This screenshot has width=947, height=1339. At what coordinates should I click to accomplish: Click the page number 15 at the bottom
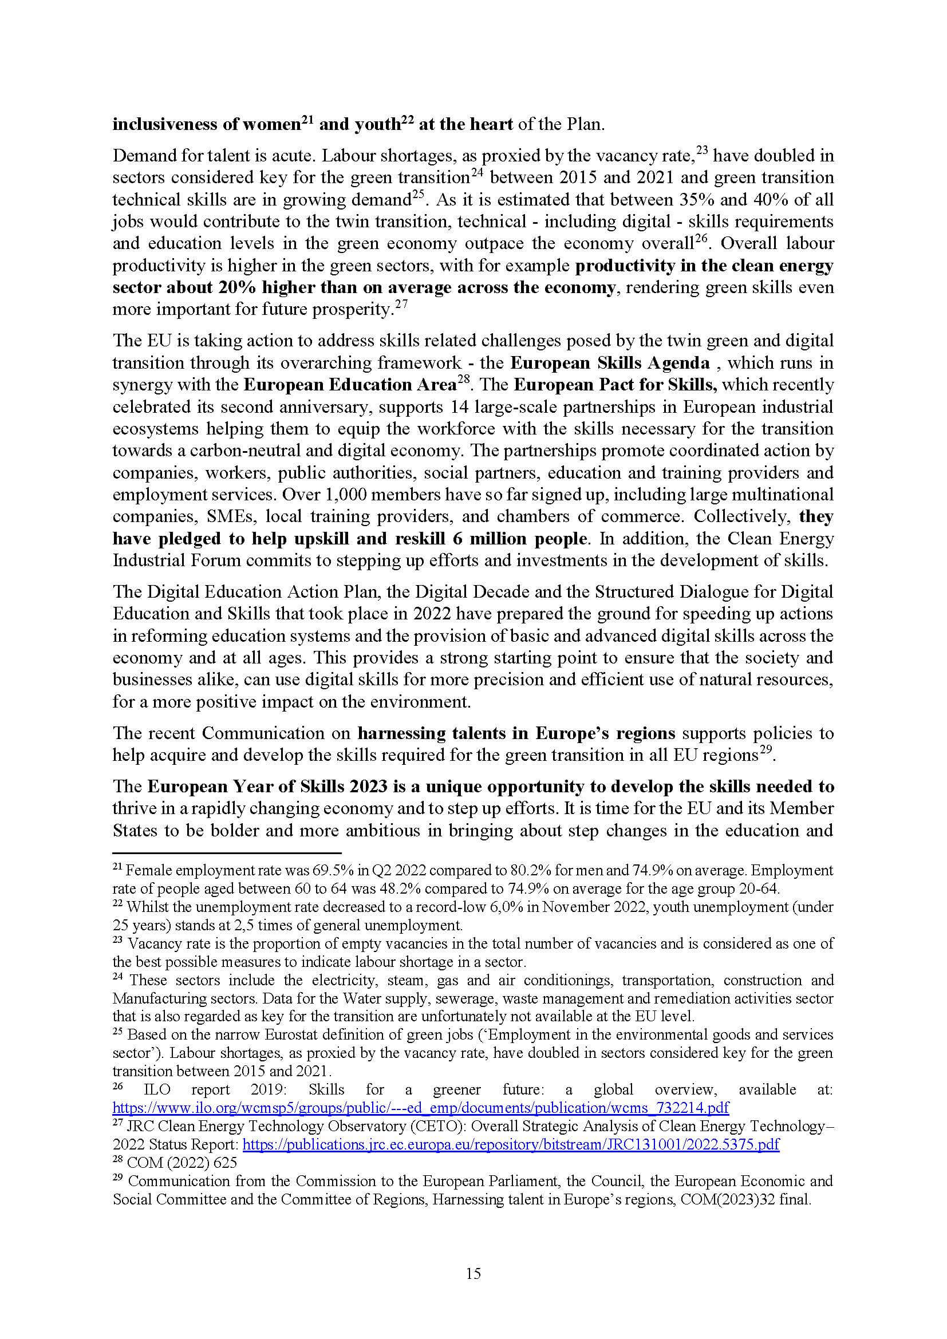click(474, 1274)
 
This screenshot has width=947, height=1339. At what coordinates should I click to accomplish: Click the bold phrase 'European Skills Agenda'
click(610, 364)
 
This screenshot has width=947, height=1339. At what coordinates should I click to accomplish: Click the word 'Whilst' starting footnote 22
click(145, 907)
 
